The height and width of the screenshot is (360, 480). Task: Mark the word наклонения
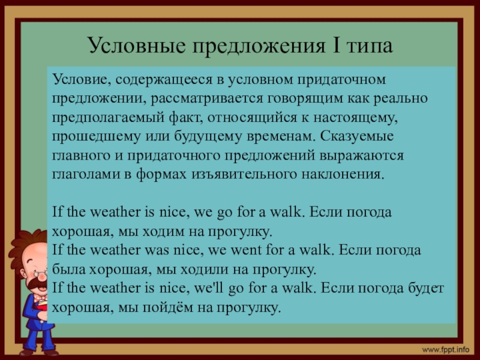344,175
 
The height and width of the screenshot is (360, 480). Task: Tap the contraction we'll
209,289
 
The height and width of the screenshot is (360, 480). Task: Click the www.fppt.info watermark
445,349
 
